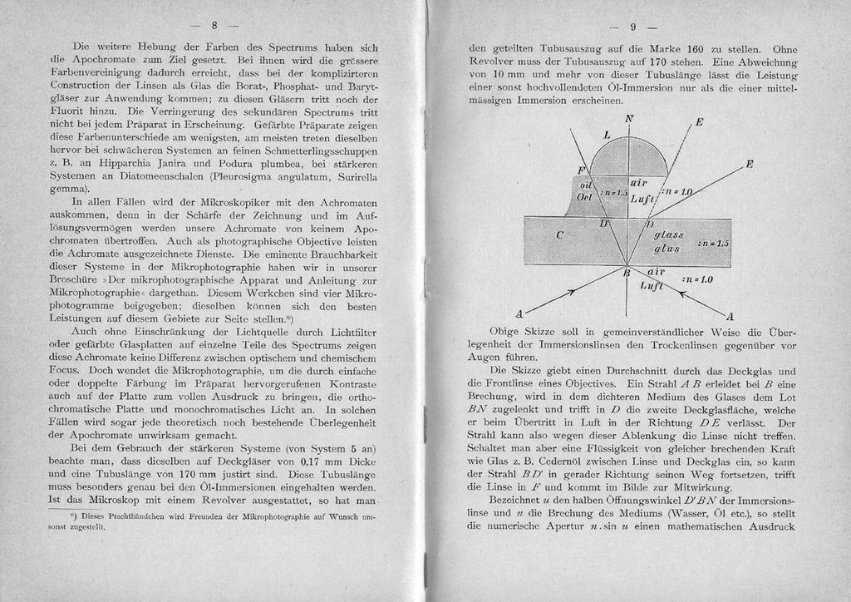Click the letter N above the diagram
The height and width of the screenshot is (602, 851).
point(628,119)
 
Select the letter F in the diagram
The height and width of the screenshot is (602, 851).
point(581,170)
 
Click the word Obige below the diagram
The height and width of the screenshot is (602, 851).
point(508,332)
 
